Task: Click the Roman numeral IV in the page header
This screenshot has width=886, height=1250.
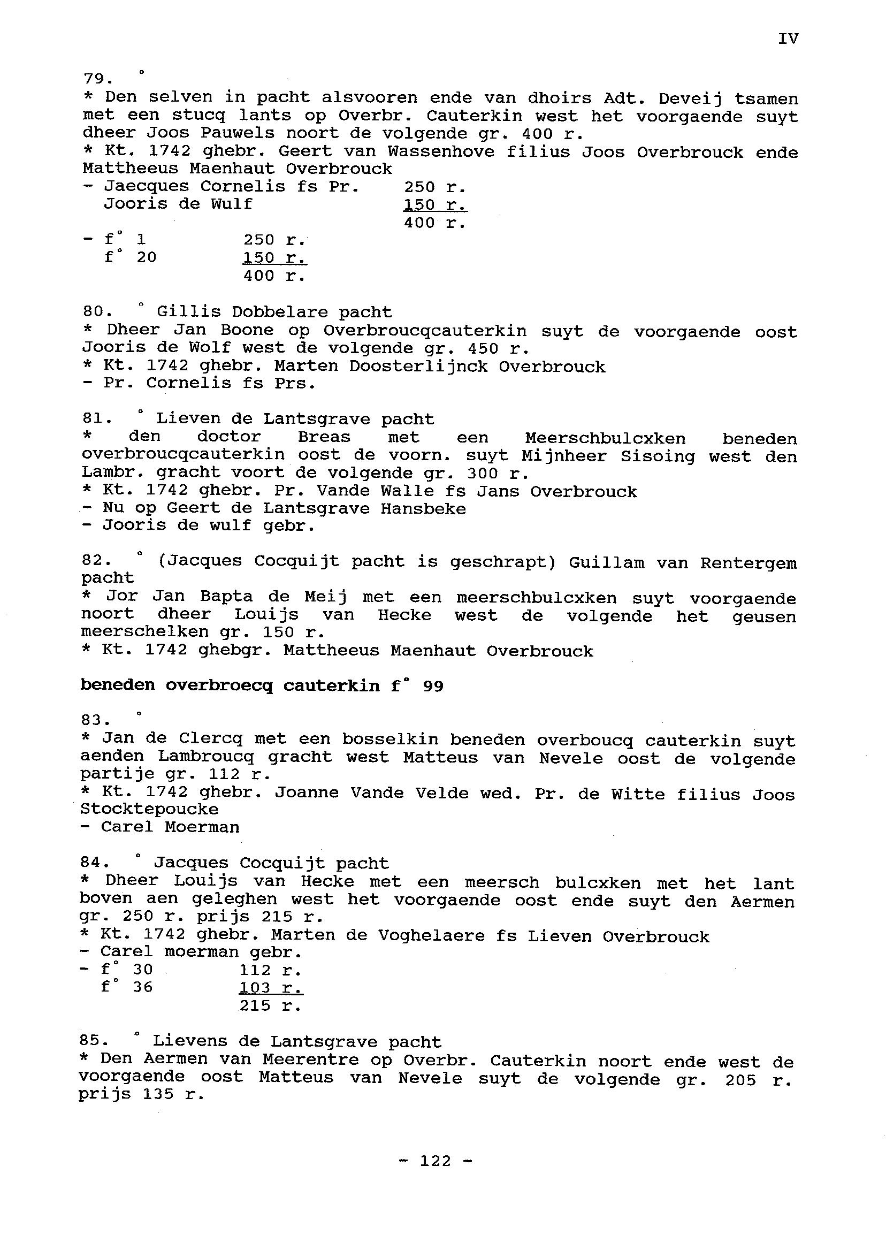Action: coord(788,39)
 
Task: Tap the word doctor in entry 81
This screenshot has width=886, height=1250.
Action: coord(229,437)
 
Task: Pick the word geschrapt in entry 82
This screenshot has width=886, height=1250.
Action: coord(502,562)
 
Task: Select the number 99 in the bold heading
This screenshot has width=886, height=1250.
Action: coord(433,687)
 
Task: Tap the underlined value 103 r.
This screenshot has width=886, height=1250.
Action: coord(271,988)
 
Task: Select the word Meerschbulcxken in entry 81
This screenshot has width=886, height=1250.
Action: coord(605,438)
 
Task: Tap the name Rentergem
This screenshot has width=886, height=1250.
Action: coord(748,563)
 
